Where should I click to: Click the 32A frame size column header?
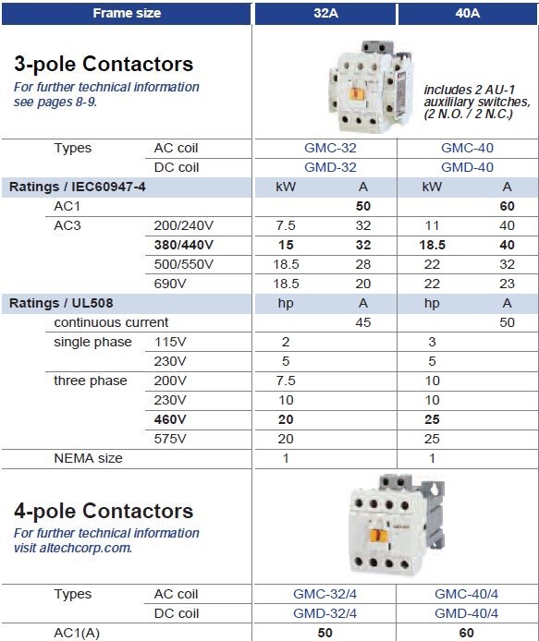click(x=324, y=13)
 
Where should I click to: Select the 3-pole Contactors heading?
click(x=104, y=64)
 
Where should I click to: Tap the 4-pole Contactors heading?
click(x=104, y=511)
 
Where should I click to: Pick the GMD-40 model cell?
click(x=467, y=167)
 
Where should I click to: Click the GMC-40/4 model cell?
click(x=467, y=594)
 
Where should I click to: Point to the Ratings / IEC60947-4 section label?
click(x=78, y=187)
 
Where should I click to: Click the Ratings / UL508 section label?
click(x=61, y=303)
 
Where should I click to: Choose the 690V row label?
click(x=169, y=284)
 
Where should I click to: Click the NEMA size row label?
click(x=88, y=458)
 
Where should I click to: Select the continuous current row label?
click(x=111, y=322)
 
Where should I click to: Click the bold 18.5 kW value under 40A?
click(x=433, y=245)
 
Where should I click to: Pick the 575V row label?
click(x=170, y=439)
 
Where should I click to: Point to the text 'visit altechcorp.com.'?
click(x=72, y=548)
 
